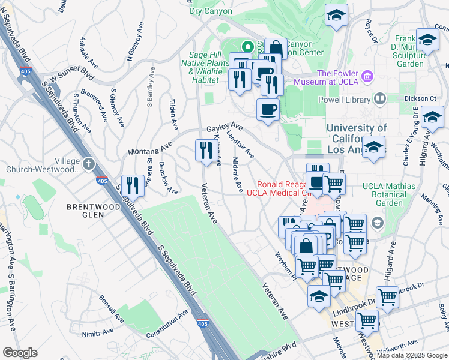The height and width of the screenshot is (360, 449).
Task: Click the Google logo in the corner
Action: (19, 353)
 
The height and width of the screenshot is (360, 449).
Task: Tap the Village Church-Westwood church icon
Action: (88, 163)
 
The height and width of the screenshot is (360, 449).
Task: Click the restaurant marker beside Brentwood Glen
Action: (133, 186)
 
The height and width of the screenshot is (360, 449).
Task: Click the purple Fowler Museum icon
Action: (367, 76)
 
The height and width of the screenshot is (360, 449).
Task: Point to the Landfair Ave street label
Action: (240, 146)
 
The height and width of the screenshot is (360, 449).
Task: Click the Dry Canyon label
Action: (209, 11)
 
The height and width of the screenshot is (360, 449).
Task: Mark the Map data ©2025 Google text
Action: (411, 355)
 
